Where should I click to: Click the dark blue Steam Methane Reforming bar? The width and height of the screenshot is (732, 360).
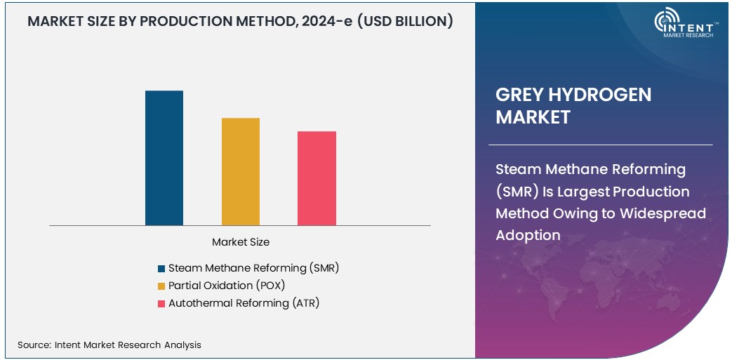tap(164, 158)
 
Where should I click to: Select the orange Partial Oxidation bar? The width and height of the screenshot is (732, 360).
tap(241, 171)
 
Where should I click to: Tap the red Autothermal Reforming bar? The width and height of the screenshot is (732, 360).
tap(317, 178)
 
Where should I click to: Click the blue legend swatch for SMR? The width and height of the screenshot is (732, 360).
tap(161, 268)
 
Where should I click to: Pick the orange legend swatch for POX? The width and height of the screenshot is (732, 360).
tap(161, 286)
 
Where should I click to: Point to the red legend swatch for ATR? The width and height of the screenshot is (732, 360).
tap(161, 303)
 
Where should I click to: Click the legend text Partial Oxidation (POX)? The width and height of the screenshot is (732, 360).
tap(227, 286)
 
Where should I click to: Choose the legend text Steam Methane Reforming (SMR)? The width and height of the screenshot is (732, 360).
tap(253, 268)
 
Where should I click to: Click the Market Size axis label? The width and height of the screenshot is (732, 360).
tap(241, 242)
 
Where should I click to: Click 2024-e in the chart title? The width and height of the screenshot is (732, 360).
tap(329, 22)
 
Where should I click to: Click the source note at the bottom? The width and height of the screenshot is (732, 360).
tap(109, 345)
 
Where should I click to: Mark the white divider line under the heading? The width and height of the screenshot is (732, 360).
tap(604, 145)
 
